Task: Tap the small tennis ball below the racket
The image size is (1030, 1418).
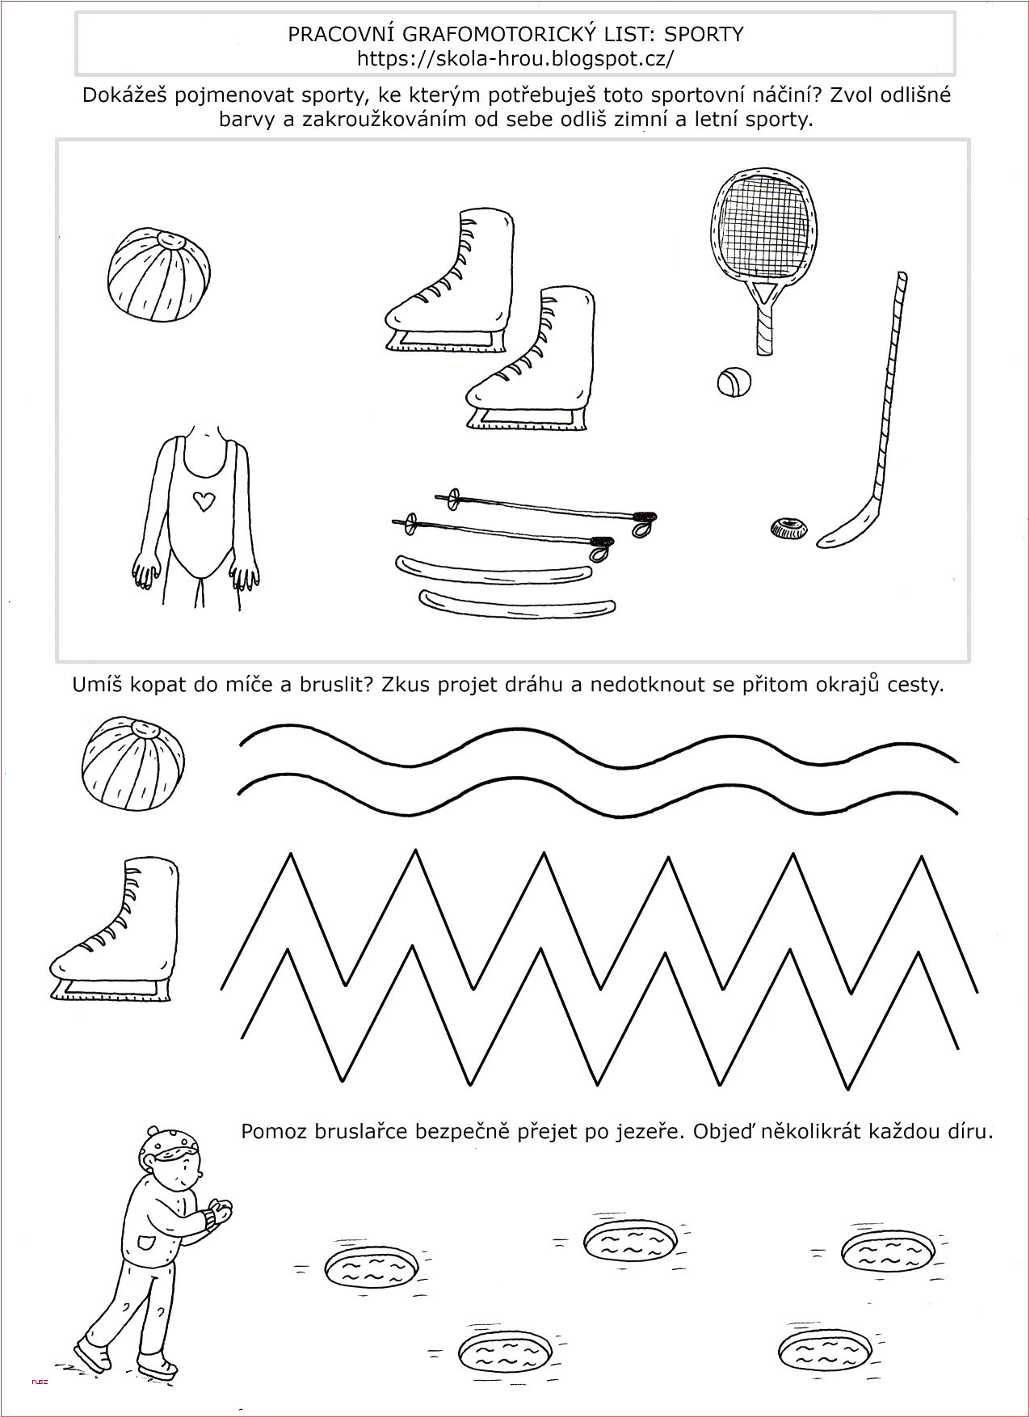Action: coord(734,382)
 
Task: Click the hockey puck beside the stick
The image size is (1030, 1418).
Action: coord(788,529)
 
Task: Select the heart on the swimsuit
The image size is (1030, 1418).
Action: coord(202,501)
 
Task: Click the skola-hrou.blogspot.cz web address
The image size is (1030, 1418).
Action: coord(515,58)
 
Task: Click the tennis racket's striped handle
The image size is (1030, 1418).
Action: coord(765,324)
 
